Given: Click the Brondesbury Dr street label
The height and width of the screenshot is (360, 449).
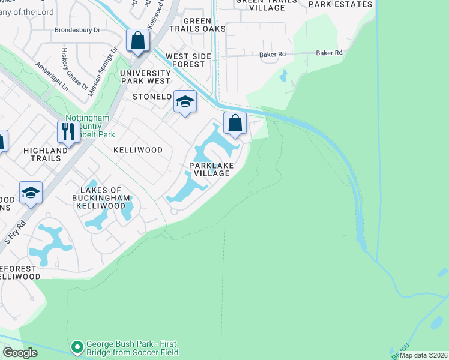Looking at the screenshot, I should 78,29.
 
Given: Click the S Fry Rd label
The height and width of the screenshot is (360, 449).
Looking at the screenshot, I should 16,231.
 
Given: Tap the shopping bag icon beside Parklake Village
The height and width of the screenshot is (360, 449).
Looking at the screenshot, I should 235,124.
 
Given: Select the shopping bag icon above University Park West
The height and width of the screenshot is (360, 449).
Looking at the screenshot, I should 138,41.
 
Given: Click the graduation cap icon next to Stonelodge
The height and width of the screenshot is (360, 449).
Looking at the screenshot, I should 185,102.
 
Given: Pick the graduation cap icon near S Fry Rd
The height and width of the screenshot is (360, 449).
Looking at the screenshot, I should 31,193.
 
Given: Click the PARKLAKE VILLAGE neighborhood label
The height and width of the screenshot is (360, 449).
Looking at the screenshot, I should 209,169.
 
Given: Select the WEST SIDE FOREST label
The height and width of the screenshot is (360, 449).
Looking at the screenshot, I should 185,61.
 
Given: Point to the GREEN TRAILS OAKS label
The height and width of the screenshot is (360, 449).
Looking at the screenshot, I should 197,25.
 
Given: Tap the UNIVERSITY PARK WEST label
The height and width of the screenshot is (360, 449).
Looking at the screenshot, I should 146,77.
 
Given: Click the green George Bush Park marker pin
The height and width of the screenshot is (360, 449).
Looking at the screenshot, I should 77,347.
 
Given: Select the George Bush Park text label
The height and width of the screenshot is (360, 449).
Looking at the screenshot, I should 132,349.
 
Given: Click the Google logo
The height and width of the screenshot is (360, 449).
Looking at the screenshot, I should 20,352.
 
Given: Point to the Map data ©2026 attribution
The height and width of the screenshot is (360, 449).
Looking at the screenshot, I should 423,355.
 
